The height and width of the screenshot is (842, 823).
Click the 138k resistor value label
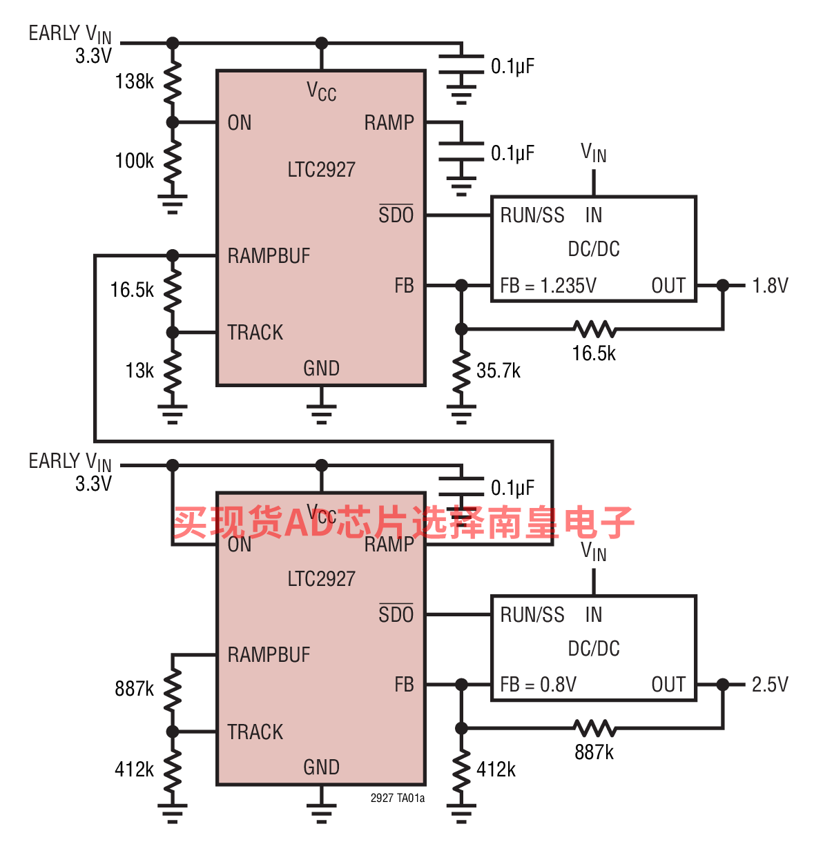134,81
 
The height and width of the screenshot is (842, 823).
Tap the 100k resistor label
134,161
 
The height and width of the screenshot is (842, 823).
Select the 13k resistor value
139,371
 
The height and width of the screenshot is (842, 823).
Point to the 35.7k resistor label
498,371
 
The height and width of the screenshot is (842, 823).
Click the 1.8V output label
771,286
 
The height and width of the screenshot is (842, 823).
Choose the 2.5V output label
771,685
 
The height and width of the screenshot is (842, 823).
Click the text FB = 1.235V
548,286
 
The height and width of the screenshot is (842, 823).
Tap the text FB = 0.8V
538,685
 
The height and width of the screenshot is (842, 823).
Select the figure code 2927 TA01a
398,798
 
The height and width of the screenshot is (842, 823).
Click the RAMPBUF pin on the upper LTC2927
269,256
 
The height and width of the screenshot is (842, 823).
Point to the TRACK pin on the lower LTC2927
255,732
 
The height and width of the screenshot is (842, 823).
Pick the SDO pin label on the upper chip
396,214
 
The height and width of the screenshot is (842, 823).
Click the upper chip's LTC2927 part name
321,169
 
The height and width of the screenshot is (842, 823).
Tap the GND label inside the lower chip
321,767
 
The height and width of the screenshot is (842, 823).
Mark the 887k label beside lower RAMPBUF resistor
134,688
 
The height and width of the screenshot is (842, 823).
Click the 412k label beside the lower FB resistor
496,770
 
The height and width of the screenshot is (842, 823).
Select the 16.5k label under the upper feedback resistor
594,353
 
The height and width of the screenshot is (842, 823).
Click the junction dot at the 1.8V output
723,286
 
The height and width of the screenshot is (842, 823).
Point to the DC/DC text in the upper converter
594,248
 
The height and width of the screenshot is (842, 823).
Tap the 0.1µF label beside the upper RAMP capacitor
512,153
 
